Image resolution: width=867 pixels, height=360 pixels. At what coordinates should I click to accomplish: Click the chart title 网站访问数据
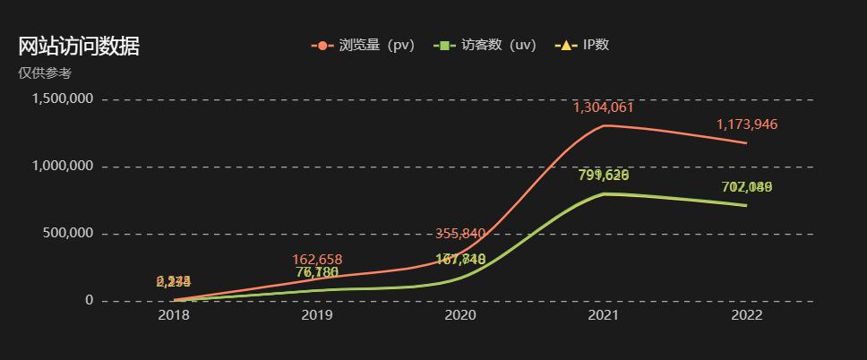pyautogui.click(x=79, y=47)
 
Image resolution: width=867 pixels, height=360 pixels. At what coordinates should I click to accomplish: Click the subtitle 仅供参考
pyautogui.click(x=45, y=73)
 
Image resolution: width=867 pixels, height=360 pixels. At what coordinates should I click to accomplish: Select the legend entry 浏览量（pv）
pyautogui.click(x=364, y=45)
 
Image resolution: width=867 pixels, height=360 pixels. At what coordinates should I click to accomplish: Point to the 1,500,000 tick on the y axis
pyautogui.click(x=63, y=99)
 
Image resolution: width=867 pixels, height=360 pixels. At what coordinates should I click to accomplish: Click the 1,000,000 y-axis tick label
pyautogui.click(x=63, y=167)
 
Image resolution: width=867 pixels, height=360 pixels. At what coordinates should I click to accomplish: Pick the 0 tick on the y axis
pyautogui.click(x=90, y=301)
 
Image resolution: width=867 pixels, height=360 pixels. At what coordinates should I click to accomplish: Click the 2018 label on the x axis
pyautogui.click(x=174, y=316)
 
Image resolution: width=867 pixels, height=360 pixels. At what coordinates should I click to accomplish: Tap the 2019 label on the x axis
pyautogui.click(x=317, y=316)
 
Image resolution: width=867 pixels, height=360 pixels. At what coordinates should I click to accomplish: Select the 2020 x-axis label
pyautogui.click(x=460, y=316)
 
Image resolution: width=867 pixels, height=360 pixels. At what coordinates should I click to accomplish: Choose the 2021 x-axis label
pyautogui.click(x=604, y=316)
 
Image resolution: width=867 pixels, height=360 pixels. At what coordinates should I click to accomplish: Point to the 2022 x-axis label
pyautogui.click(x=747, y=316)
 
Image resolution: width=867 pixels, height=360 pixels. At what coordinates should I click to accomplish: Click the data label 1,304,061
pyautogui.click(x=604, y=107)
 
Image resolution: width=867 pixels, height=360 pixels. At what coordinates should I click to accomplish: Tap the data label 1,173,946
pyautogui.click(x=747, y=124)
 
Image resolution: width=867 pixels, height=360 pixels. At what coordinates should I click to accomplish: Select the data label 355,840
pyautogui.click(x=460, y=234)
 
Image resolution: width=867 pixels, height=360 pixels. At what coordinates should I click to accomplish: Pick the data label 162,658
pyautogui.click(x=317, y=260)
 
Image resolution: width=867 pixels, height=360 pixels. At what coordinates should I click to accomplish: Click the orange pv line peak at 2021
pyautogui.click(x=604, y=125)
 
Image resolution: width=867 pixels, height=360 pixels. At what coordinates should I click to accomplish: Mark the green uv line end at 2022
pyautogui.click(x=747, y=206)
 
